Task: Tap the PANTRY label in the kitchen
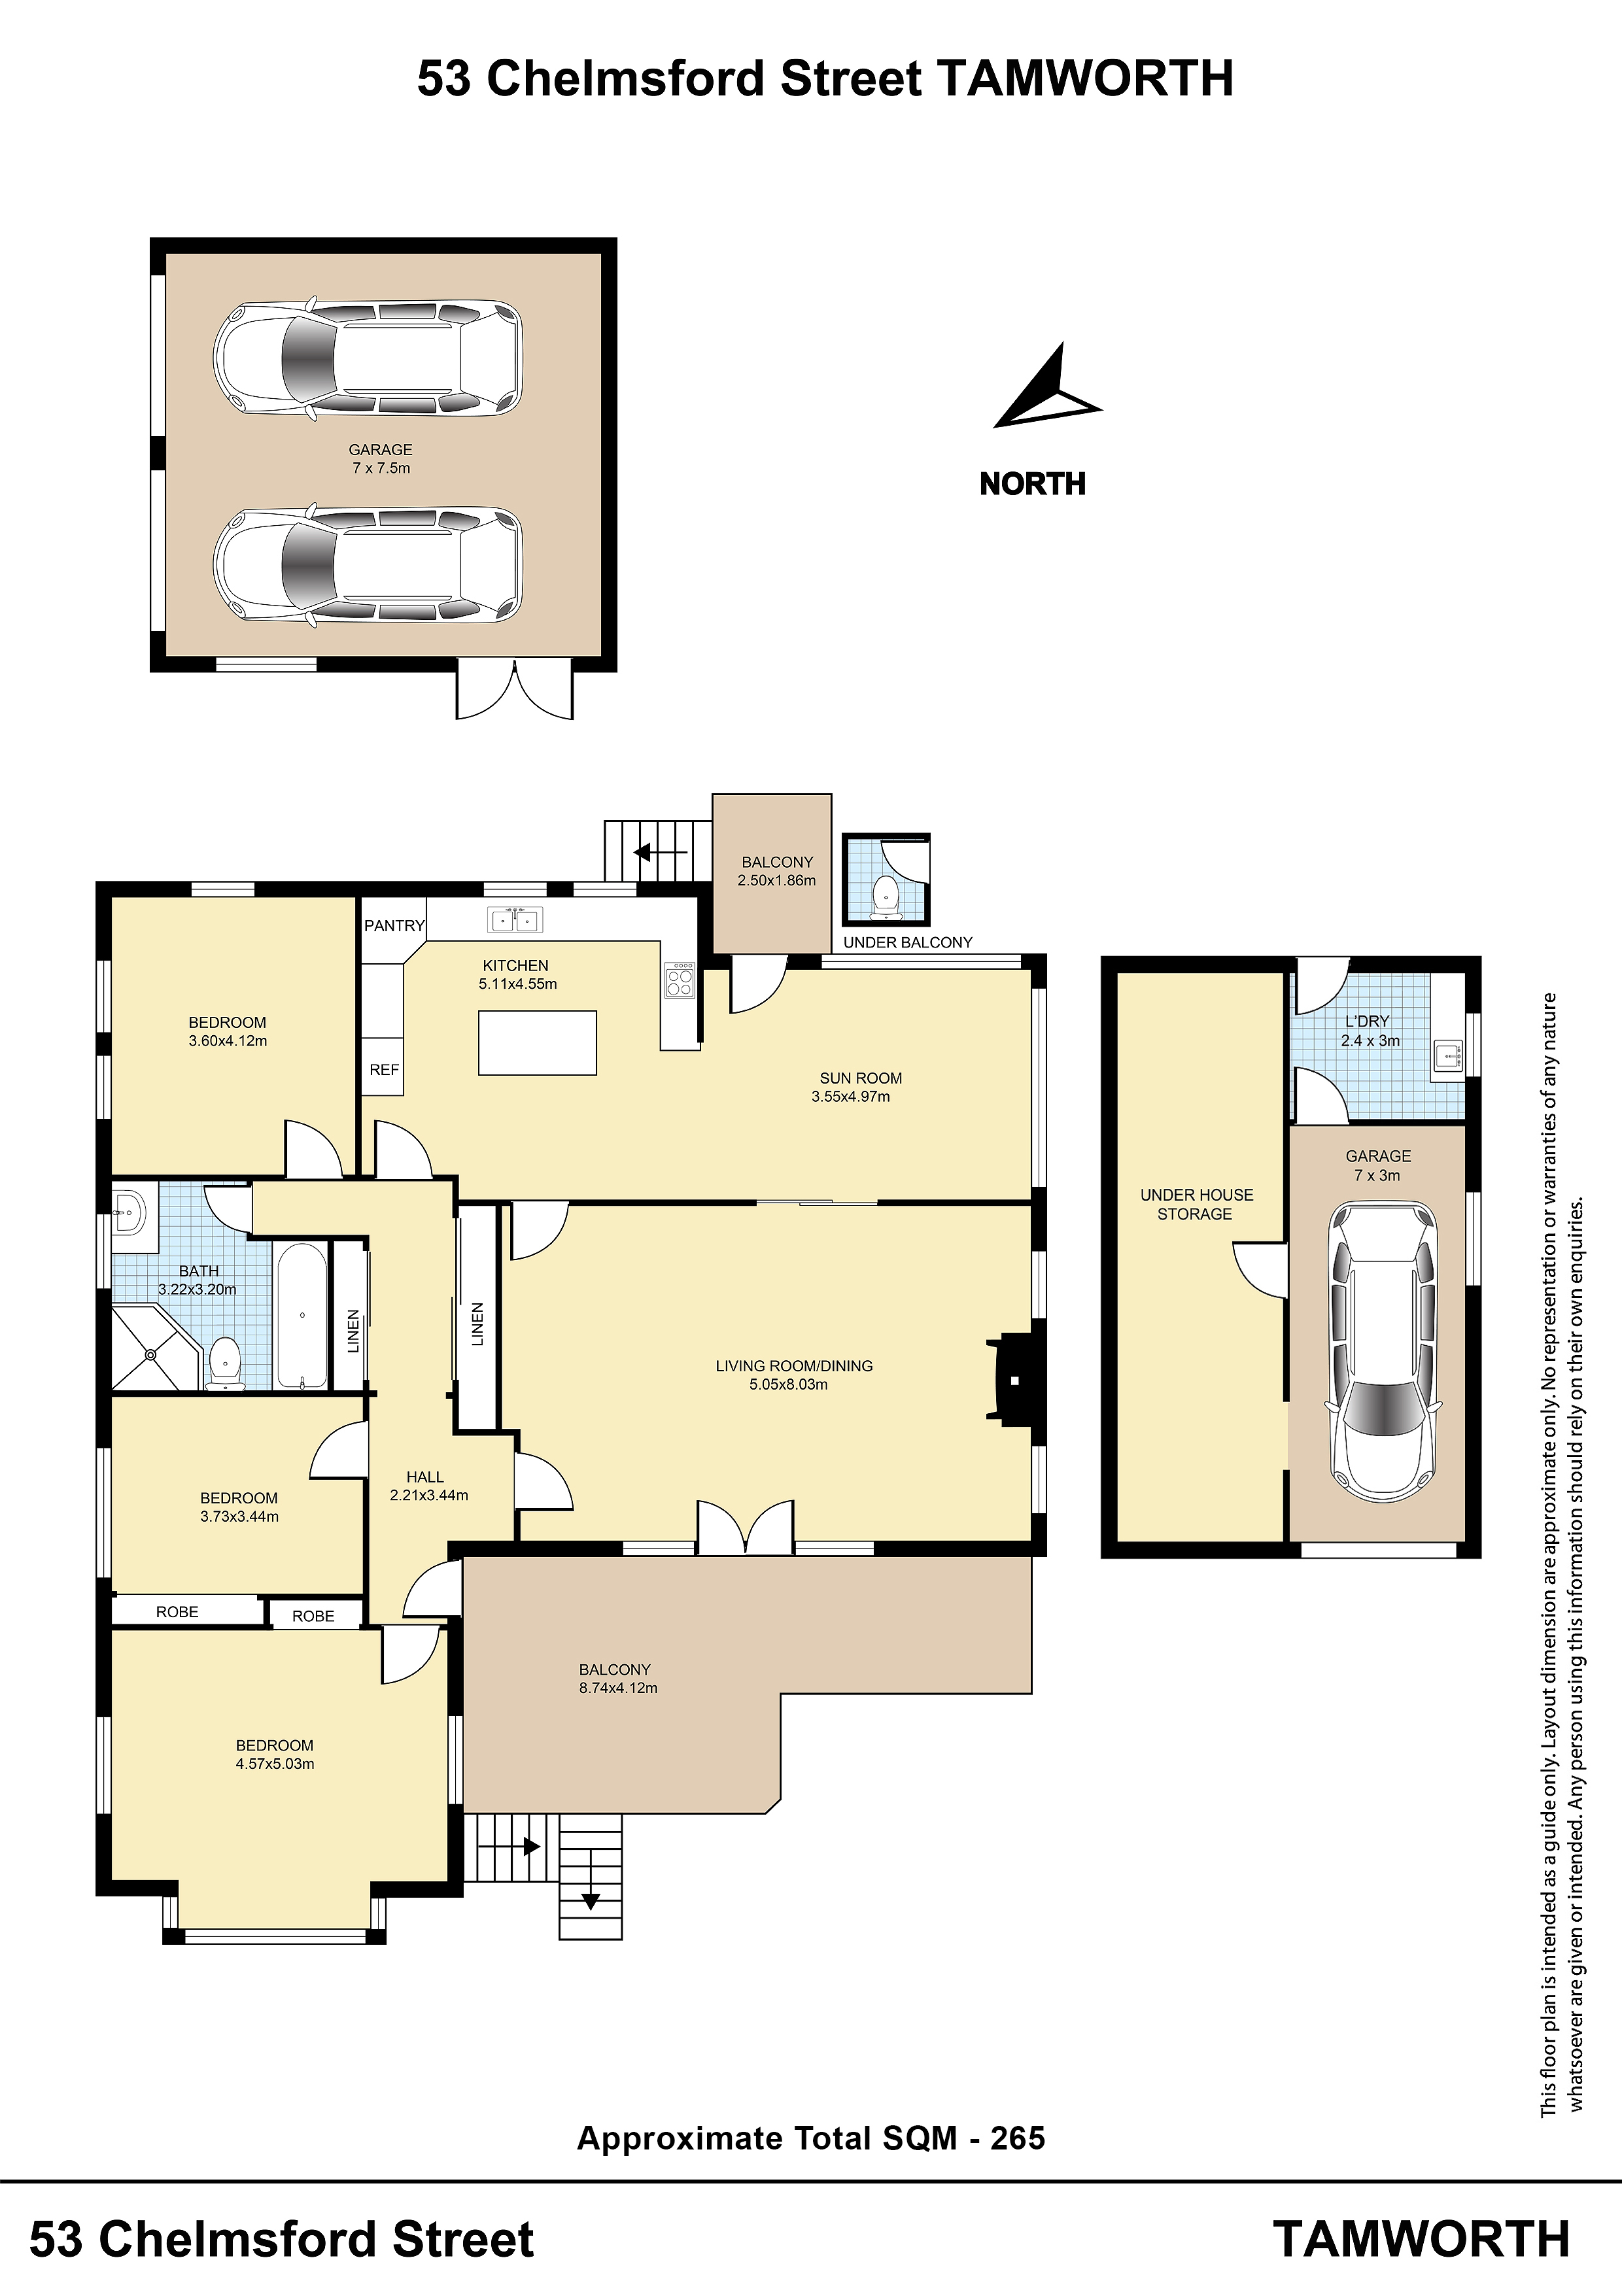[x=394, y=926]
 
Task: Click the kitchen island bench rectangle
[x=538, y=1043]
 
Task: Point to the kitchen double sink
[x=515, y=919]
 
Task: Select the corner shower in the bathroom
[x=150, y=1349]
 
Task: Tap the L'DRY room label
[x=1366, y=1021]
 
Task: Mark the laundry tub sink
[x=1448, y=1055]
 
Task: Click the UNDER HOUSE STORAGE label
[x=1196, y=1204]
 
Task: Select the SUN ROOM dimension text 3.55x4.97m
[x=850, y=1096]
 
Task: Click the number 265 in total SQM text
[x=1018, y=2138]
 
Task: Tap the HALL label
[x=424, y=1477]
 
